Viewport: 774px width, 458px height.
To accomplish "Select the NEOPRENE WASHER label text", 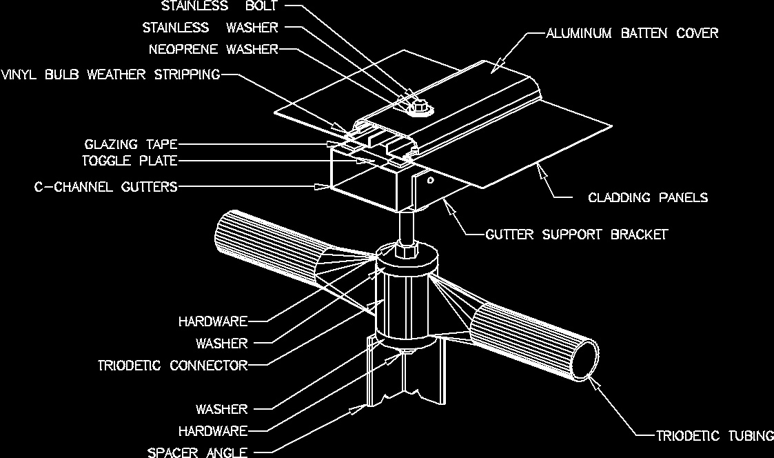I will [214, 50].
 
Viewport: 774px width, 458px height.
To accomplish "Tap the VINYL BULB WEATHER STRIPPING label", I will [110, 74].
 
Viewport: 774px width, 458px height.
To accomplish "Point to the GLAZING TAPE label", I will [131, 144].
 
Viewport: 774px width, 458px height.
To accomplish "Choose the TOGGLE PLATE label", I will [130, 161].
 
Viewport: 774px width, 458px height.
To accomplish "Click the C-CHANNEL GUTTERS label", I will [105, 186].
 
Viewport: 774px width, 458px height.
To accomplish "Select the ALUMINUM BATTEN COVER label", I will [632, 32].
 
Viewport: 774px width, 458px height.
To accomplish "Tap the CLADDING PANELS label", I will [648, 198].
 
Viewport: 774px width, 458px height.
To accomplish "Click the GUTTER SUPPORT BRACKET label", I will [576, 235].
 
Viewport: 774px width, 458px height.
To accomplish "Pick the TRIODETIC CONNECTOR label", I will [172, 366].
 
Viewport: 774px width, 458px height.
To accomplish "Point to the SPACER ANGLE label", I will [198, 452].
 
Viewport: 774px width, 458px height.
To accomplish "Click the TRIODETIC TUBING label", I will [714, 435].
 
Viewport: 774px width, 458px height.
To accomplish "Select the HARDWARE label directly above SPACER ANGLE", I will [213, 431].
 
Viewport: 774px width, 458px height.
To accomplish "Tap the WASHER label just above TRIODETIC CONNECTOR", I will [221, 343].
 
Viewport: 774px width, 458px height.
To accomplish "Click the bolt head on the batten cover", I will [416, 107].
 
